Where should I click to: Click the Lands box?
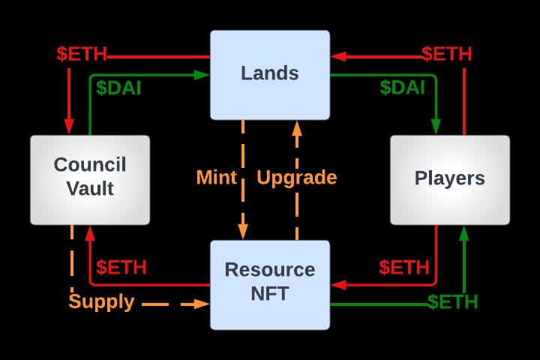click(270, 73)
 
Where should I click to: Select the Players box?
click(449, 179)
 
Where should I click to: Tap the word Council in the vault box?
click(90, 165)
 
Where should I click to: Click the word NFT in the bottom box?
click(270, 294)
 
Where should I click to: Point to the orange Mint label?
click(216, 178)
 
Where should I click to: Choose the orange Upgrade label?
click(297, 178)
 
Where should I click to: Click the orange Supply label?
click(101, 302)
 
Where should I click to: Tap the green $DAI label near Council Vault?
click(120, 87)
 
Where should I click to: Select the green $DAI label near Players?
click(402, 87)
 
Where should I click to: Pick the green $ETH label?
click(453, 302)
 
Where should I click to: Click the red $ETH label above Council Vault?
click(82, 55)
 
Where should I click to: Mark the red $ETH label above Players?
click(446, 55)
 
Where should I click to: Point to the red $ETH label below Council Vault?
click(121, 267)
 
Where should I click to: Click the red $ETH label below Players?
click(404, 267)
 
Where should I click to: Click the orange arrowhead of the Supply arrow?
click(202, 304)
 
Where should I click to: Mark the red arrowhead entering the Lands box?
click(337, 55)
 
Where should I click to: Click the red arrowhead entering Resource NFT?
click(337, 285)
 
